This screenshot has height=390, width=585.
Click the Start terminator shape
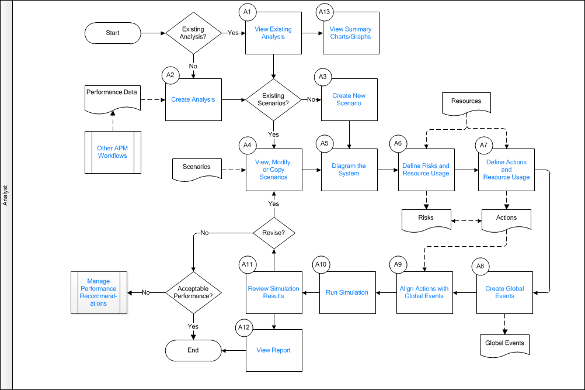(113, 33)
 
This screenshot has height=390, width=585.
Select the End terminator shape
(193, 350)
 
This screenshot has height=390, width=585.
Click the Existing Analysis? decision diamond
(193, 33)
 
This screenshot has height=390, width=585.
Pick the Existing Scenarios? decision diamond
(273, 99)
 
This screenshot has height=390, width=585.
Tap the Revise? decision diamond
(273, 233)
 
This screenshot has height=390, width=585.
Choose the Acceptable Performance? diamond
(193, 292)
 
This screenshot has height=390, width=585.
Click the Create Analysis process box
(193, 99)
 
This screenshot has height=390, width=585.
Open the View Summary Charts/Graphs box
(350, 33)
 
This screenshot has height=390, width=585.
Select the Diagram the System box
(349, 170)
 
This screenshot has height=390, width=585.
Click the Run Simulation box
(347, 292)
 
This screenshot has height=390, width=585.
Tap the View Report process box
(274, 350)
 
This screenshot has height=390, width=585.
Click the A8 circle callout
(480, 267)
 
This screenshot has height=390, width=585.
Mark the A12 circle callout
(244, 327)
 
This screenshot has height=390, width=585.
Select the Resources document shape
(466, 102)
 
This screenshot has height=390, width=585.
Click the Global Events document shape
(504, 344)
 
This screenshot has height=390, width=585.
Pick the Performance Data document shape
(113, 94)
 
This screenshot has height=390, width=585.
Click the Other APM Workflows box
(113, 152)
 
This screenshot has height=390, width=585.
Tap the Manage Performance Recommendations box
(98, 292)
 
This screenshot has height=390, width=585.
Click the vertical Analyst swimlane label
(6, 195)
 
